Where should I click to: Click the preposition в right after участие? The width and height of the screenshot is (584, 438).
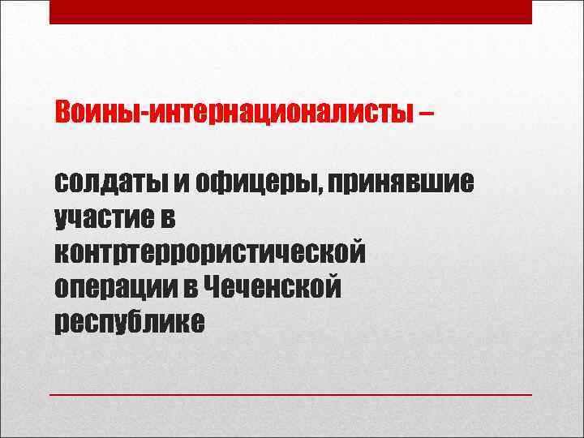(x=171, y=217)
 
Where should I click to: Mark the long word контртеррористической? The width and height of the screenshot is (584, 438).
(x=209, y=253)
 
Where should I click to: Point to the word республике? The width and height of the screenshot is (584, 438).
(x=129, y=323)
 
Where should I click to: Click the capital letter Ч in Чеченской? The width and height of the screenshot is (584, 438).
(x=214, y=286)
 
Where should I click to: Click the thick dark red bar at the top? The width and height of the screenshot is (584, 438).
(x=291, y=11)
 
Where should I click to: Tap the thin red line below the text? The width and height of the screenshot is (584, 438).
(x=291, y=393)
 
